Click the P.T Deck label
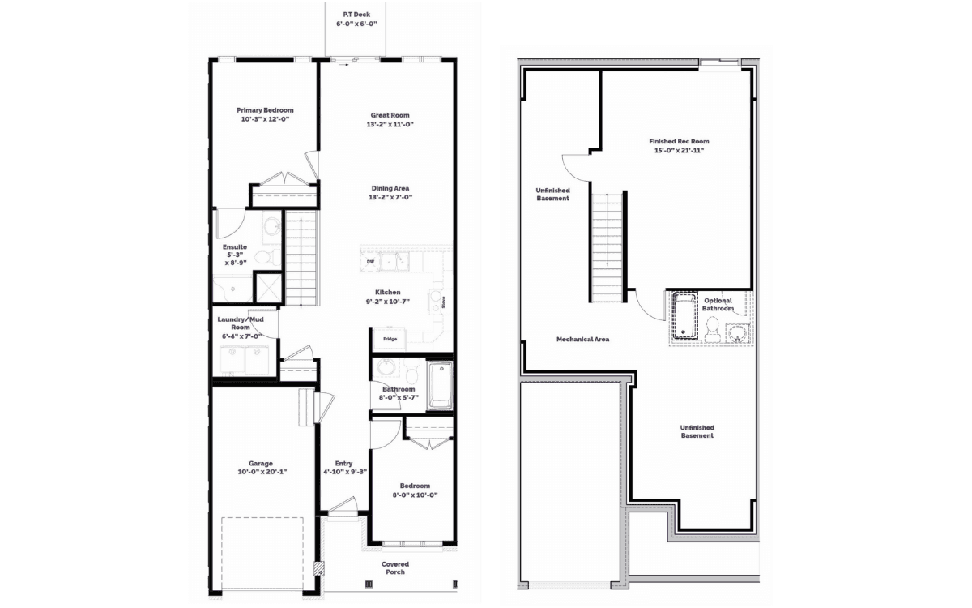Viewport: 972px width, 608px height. pos(356,15)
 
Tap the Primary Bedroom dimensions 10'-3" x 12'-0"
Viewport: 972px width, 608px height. pos(265,119)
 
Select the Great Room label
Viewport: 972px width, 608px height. pos(390,115)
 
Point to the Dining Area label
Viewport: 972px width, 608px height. pos(390,188)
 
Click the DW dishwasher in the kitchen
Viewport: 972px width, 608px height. pos(370,262)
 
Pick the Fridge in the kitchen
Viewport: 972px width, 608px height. pos(390,339)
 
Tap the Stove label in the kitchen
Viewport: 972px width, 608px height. pos(444,302)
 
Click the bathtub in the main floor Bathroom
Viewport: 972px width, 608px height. pos(440,385)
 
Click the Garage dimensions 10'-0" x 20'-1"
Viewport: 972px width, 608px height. pos(262,472)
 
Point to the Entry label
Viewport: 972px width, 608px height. pos(343,464)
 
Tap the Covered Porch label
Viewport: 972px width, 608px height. pos(395,568)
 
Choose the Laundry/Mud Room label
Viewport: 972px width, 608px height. pos(241,323)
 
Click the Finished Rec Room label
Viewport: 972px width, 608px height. pos(679,141)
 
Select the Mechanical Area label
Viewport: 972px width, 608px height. pos(582,339)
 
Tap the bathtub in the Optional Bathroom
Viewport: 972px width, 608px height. pos(684,316)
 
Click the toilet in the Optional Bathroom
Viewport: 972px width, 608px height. pos(712,330)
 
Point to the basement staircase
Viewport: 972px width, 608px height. pos(607,247)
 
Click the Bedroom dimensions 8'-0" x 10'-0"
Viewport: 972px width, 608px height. pos(416,495)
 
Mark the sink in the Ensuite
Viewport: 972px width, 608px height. pos(272,226)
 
